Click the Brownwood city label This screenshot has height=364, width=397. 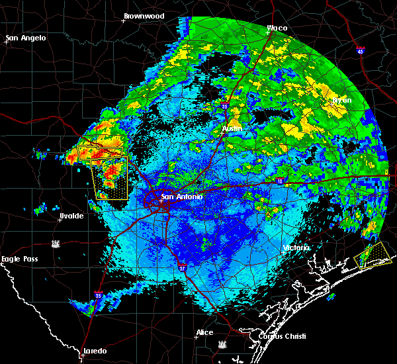point(144,15)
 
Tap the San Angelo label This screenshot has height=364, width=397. point(26,38)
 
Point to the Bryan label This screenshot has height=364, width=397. point(342,100)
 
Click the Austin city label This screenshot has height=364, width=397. point(232,128)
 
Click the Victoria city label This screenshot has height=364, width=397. point(296,248)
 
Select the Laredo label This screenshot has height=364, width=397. point(94,351)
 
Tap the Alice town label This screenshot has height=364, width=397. point(204,332)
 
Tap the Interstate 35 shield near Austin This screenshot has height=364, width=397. point(225,105)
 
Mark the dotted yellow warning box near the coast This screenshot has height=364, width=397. point(373,253)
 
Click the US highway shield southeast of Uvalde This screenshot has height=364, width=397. point(57,243)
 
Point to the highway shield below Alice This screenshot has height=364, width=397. point(222,345)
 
